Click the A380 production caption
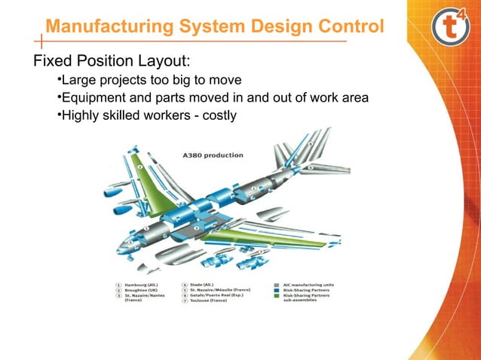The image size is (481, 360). coord(213,154)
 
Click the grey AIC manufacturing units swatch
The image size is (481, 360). coord(278,285)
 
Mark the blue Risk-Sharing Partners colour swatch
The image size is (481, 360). coord(278,291)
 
